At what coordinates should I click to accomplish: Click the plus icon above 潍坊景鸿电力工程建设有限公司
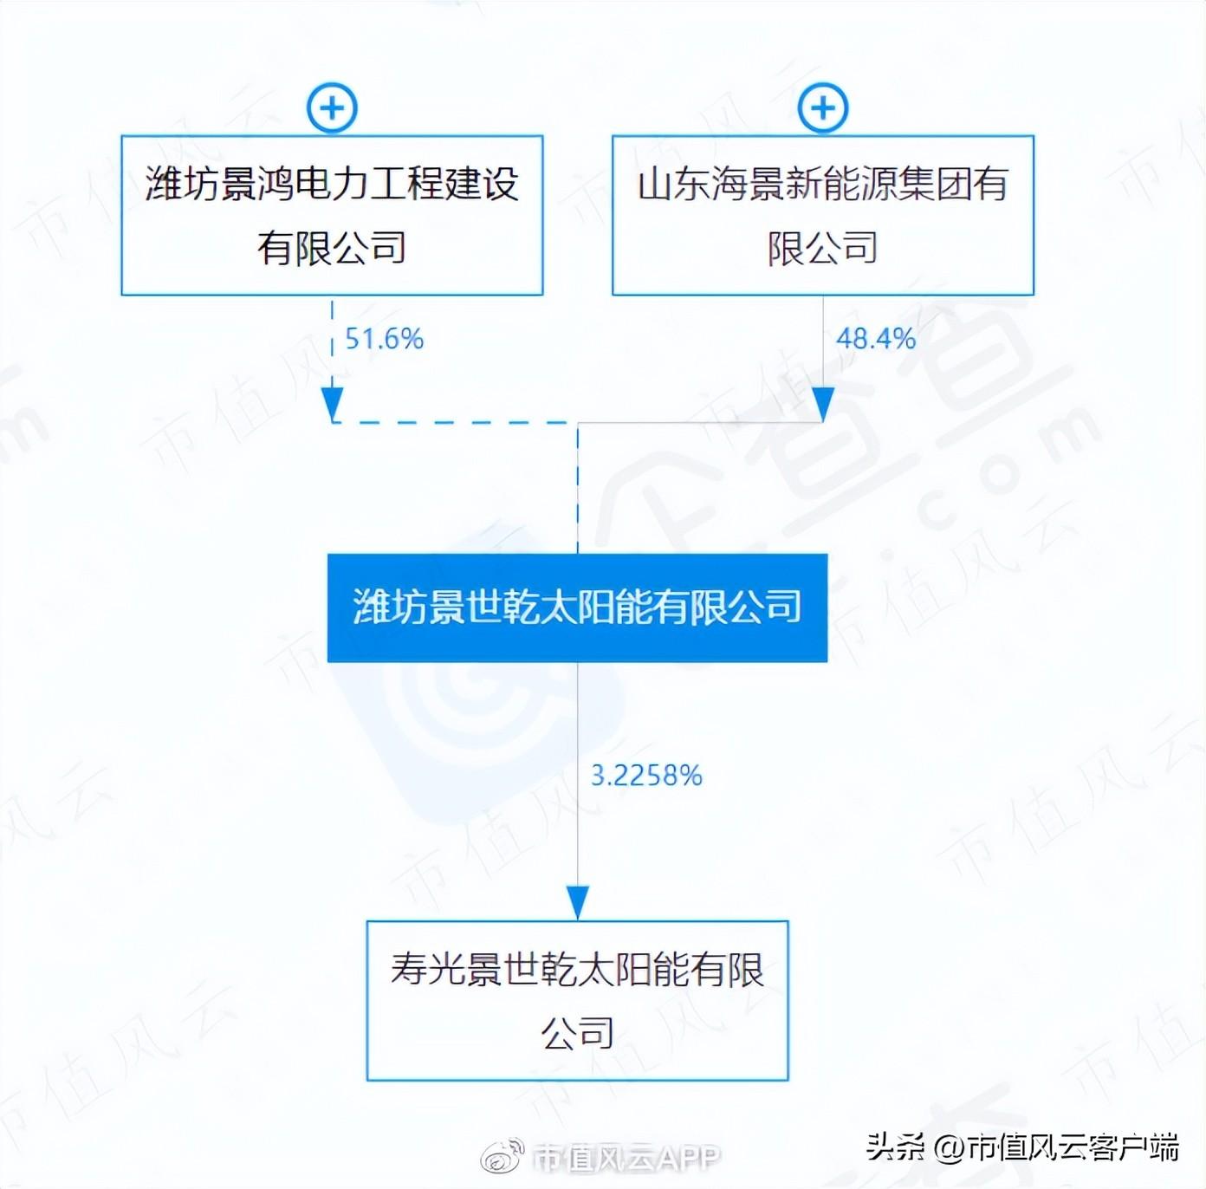coord(333,107)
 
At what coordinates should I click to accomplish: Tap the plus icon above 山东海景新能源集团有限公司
coord(823,107)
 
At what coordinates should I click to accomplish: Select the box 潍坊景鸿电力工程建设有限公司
coord(333,216)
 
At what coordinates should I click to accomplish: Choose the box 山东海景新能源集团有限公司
coord(823,216)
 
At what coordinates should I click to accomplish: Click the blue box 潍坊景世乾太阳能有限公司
coord(577,607)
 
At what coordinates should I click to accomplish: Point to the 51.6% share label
coord(385,340)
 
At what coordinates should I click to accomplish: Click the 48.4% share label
coord(876,340)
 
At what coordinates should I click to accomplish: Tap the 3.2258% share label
coord(646,776)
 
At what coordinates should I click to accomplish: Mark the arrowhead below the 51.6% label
coord(333,404)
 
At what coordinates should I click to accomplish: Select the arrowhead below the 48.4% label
coord(823,404)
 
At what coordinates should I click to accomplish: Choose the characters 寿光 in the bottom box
coord(427,969)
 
